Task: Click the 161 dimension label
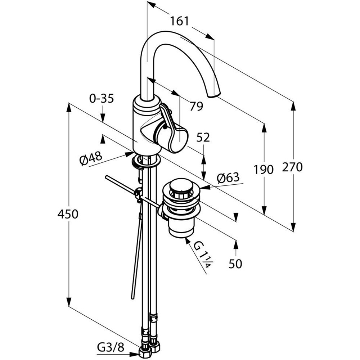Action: click(x=179, y=21)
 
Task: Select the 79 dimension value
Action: click(x=196, y=106)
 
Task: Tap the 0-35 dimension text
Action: click(x=102, y=99)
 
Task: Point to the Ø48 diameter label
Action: click(x=91, y=158)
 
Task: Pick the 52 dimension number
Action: click(x=203, y=138)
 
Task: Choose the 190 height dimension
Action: click(x=264, y=170)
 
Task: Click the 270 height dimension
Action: click(x=292, y=167)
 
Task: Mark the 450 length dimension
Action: click(x=68, y=214)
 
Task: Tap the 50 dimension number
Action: click(x=235, y=264)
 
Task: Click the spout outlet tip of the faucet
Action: click(x=214, y=95)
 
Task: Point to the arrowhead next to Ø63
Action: click(x=205, y=188)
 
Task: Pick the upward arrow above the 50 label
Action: click(x=236, y=244)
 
